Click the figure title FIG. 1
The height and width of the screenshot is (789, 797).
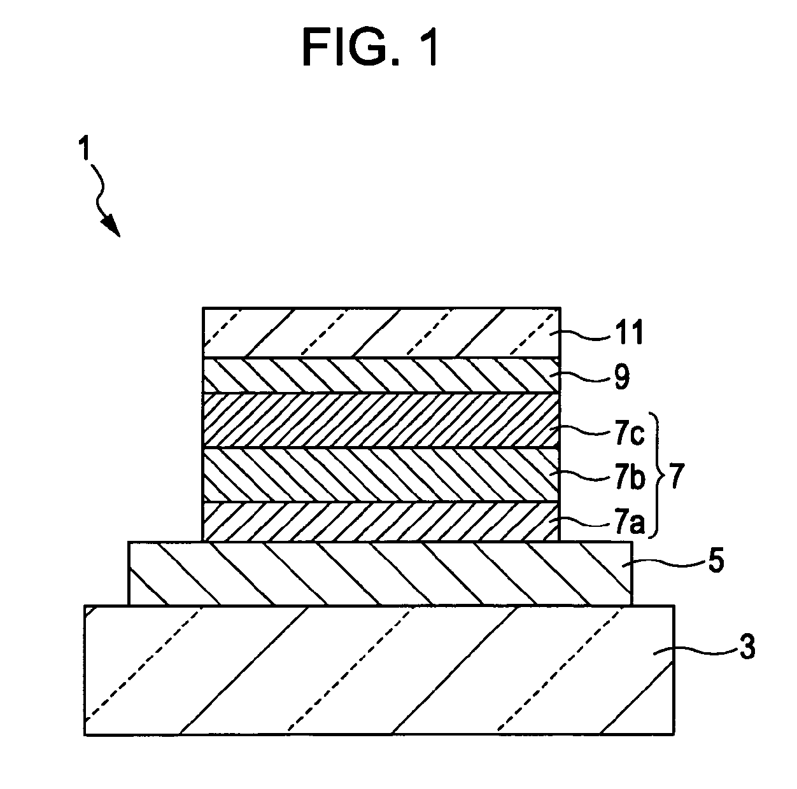tap(370, 46)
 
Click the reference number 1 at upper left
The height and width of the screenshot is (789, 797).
tap(85, 149)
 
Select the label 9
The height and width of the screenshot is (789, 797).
tap(622, 377)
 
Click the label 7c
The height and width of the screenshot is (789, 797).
tap(630, 433)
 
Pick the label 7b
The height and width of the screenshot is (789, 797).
tap(630, 479)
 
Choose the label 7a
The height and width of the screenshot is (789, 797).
tap(630, 524)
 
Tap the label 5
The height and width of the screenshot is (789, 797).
tap(717, 561)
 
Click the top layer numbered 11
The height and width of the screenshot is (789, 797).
tap(381, 332)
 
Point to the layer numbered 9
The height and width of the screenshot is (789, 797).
tap(381, 375)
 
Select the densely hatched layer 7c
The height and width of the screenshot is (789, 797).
tap(381, 420)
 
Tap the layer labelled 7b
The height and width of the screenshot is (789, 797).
tap(381, 475)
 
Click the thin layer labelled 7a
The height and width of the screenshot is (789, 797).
tap(381, 522)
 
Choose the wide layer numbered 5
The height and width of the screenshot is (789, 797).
tap(380, 573)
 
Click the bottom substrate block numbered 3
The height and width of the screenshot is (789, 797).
tap(379, 670)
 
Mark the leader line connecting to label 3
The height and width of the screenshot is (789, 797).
tap(695, 652)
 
